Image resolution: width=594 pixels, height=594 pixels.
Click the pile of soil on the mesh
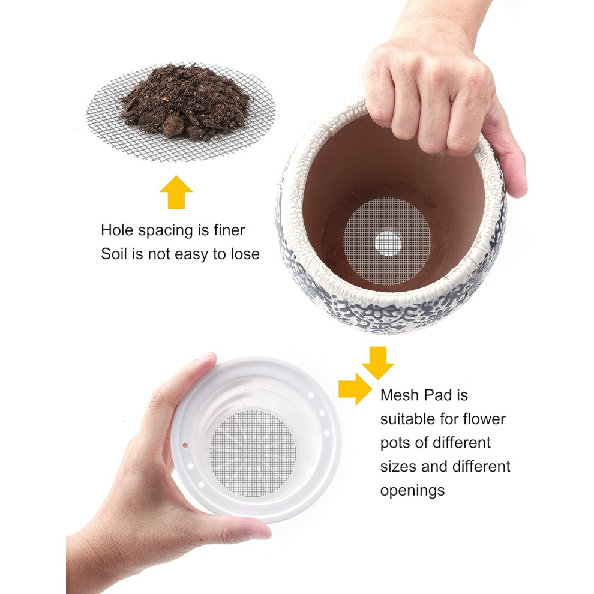[184, 102]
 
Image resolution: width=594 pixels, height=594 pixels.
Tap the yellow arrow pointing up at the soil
[176, 192]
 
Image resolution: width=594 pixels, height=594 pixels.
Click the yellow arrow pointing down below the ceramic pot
[377, 362]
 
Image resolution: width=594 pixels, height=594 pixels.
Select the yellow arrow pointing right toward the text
[355, 389]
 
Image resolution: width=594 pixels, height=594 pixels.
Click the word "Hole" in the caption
[116, 230]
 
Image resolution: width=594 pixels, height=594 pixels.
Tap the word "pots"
[394, 443]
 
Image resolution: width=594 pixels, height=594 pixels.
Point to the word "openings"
[413, 491]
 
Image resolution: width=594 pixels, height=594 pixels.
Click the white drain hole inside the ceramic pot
[388, 243]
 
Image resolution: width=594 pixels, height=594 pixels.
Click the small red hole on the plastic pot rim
[185, 445]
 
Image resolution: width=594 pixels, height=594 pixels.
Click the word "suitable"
[408, 419]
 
